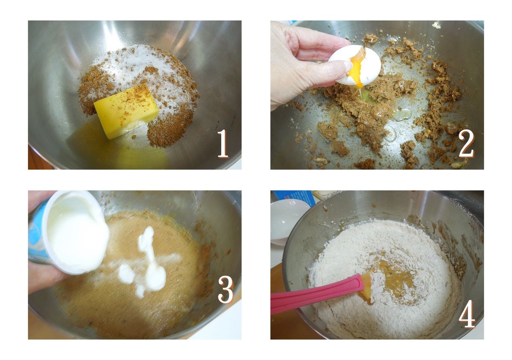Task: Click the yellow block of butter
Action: tap(126, 111)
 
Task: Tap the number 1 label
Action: tap(223, 144)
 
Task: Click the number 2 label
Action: tap(466, 144)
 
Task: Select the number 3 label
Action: tap(226, 289)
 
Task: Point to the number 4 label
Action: tap(467, 314)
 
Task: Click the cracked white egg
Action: tap(355, 65)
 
